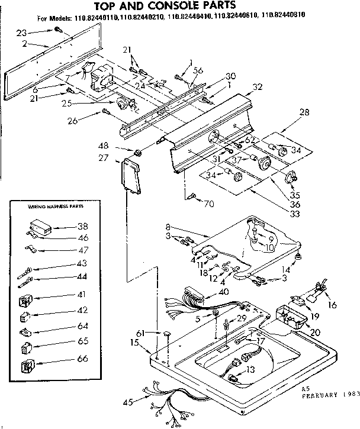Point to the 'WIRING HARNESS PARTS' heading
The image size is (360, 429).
click(x=49, y=207)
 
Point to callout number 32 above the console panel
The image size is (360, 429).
click(x=257, y=86)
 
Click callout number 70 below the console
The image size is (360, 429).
click(x=208, y=205)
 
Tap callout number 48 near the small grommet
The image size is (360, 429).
click(x=120, y=147)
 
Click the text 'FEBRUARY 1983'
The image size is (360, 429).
click(x=329, y=394)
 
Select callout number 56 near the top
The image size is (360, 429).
click(x=198, y=70)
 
